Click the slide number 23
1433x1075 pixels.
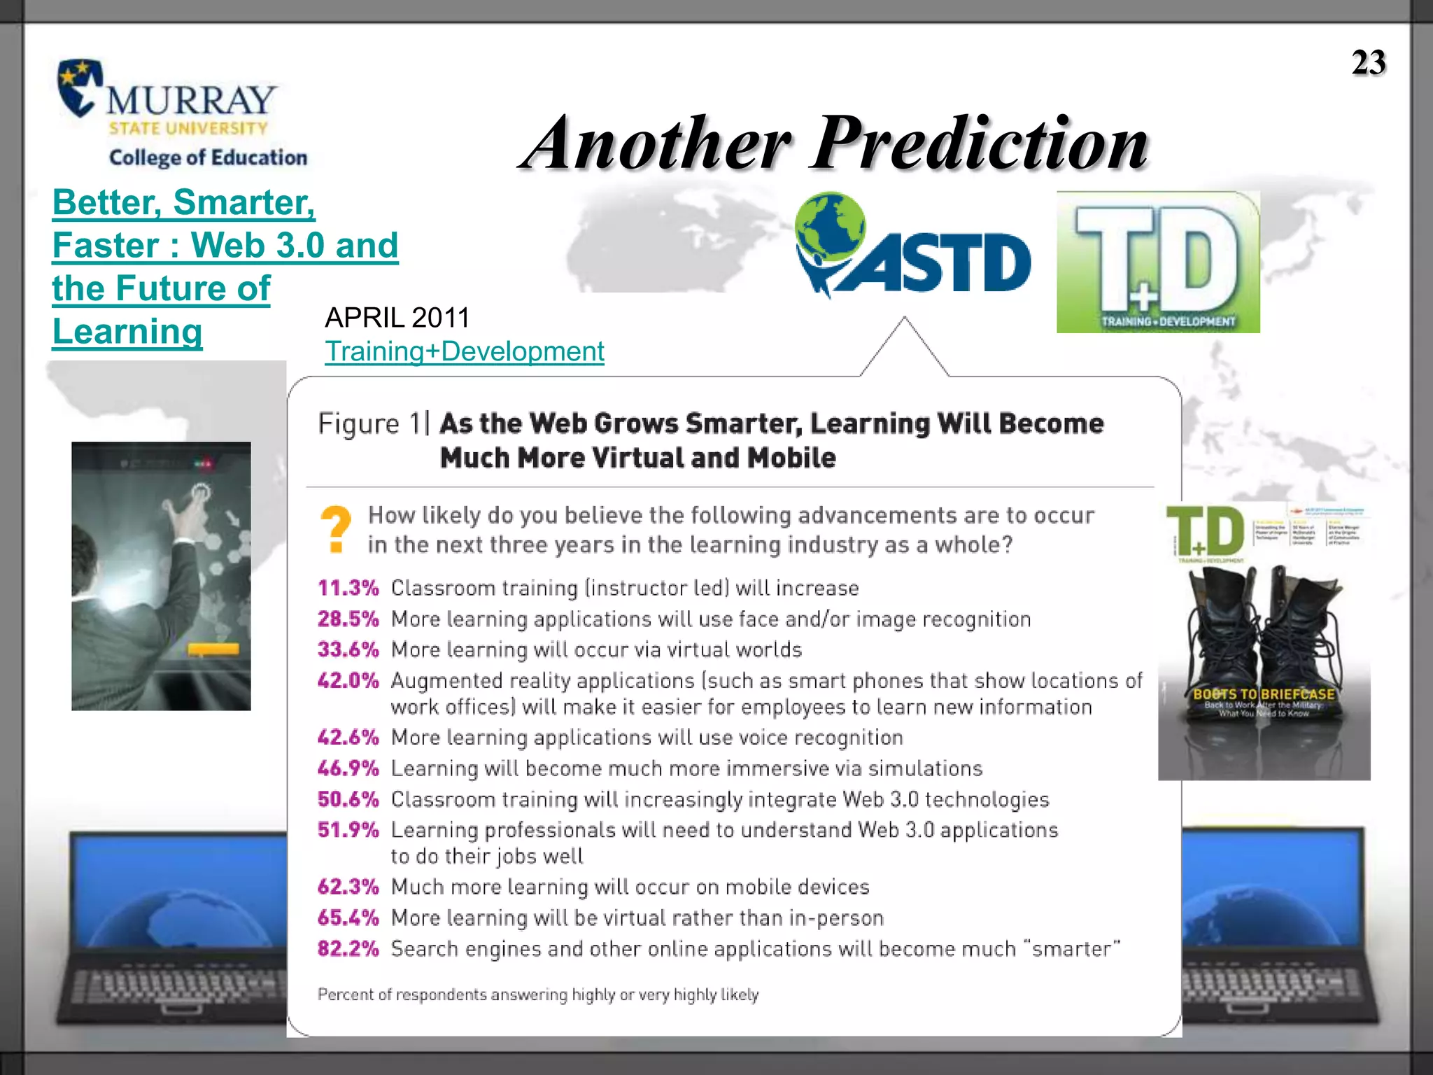click(x=1368, y=62)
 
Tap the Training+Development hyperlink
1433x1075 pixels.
click(x=464, y=351)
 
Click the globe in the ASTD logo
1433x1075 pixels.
click(x=831, y=225)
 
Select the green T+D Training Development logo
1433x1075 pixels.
click(x=1157, y=262)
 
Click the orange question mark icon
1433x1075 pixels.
click(x=336, y=529)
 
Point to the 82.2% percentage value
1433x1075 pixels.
click(x=348, y=948)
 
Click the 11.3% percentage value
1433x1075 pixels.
click(x=348, y=588)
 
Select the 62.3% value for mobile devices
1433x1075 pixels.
click(x=348, y=887)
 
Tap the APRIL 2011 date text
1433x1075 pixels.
click(x=397, y=318)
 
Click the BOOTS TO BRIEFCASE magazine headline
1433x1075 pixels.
click(x=1264, y=694)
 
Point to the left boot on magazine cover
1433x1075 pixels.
click(x=1221, y=630)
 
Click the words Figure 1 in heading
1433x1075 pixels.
click(x=369, y=424)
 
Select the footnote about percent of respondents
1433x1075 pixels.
click(x=537, y=995)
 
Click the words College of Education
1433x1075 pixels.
click(x=208, y=157)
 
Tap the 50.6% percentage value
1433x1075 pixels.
click(x=348, y=799)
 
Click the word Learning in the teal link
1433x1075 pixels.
click(x=127, y=332)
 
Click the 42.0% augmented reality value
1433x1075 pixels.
click(x=348, y=680)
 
